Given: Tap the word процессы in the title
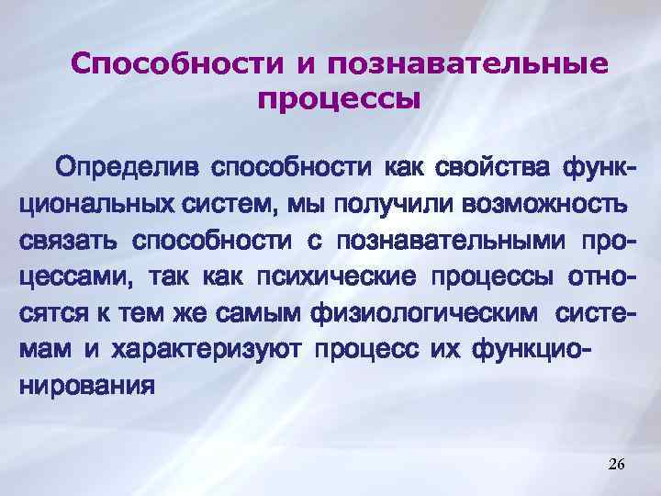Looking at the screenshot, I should tap(338, 96).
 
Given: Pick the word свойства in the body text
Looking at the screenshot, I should tap(471, 169).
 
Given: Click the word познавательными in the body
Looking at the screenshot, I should tap(452, 241).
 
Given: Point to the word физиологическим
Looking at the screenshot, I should tap(421, 311).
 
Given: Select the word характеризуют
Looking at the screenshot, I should tap(208, 348).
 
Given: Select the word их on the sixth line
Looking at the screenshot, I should tap(448, 348).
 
